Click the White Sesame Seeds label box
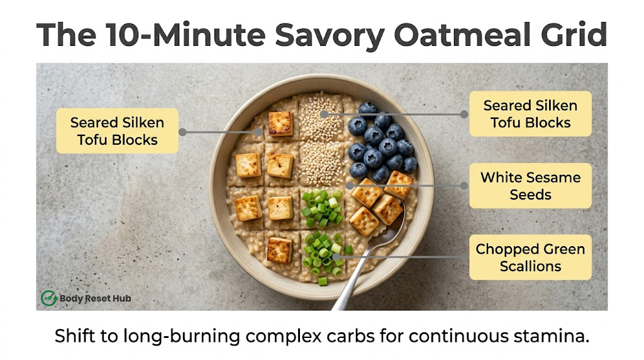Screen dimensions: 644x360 [x=530, y=186]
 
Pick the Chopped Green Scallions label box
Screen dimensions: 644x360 [x=530, y=257]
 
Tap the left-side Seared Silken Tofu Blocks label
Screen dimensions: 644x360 [x=117, y=131]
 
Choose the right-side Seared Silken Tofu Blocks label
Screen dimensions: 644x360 [x=530, y=114]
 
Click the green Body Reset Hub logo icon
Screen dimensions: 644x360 [x=49, y=298]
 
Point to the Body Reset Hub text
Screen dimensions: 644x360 [x=96, y=298]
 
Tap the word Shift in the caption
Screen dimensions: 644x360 [x=75, y=335]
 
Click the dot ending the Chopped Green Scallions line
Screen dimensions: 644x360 [x=336, y=257]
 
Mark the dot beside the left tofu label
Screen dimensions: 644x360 [x=183, y=132]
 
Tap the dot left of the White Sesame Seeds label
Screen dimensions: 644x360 [x=464, y=186]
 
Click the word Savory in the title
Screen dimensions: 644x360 [x=330, y=35]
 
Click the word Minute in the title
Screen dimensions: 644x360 [x=209, y=35]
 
